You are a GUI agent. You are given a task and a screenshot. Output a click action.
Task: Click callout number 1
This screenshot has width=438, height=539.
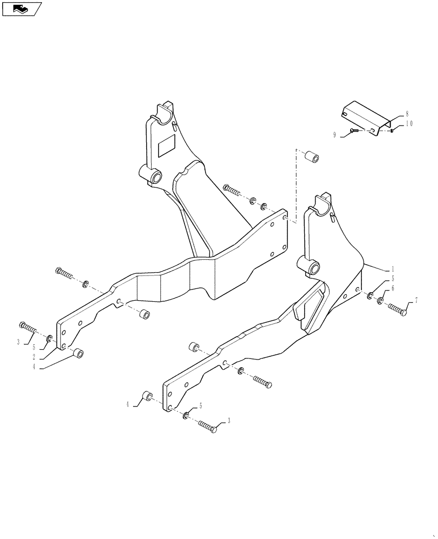392,268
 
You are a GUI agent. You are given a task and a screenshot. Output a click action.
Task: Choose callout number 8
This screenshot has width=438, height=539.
407,114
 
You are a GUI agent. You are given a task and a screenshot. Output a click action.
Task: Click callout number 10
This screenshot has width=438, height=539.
408,123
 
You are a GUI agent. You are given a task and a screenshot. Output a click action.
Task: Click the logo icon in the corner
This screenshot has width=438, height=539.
22,9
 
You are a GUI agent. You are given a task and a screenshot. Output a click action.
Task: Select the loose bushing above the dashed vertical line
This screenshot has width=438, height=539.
311,158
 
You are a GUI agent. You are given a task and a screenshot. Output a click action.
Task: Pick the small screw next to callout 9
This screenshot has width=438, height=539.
354,131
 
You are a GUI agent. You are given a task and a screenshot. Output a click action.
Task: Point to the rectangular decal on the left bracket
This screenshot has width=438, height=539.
166,146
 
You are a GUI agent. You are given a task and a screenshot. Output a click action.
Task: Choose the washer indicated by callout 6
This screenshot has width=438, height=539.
380,300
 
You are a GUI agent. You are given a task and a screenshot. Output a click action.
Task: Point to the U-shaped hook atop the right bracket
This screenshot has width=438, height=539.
322,202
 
